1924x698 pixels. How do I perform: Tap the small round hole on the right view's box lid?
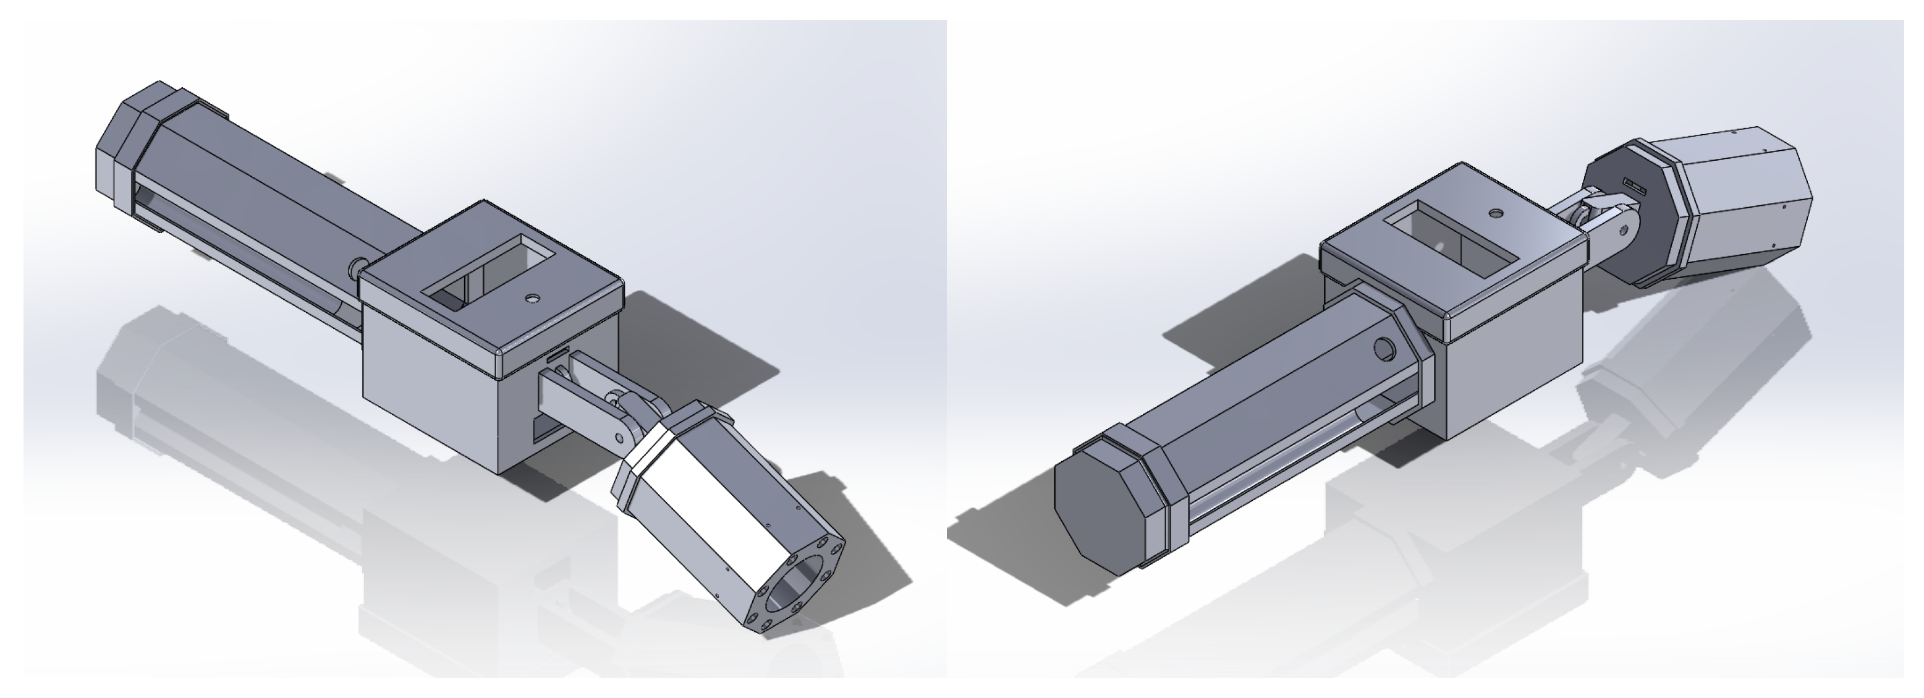1495,213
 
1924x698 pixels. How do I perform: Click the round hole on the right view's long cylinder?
1384,349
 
